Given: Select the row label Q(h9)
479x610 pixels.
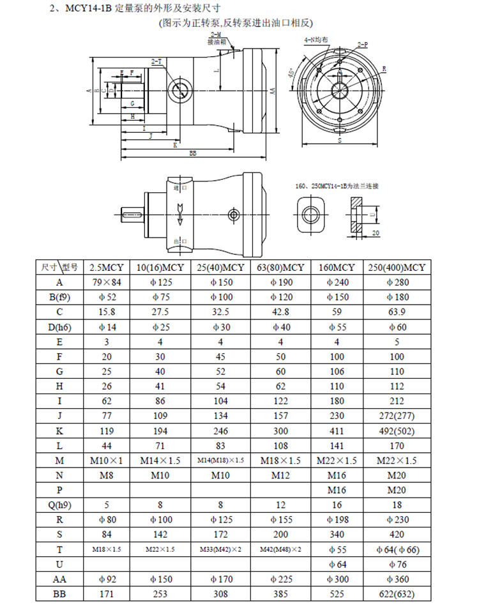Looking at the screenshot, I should (59, 505).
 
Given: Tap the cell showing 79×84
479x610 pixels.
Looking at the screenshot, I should (106, 282).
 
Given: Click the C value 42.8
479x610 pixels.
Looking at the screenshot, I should (280, 312).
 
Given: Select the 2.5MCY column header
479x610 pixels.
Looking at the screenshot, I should (106, 267).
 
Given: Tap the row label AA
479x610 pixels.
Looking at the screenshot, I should (59, 579).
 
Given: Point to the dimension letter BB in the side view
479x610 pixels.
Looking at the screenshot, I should (192, 153).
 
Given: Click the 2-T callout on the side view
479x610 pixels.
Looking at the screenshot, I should (156, 61).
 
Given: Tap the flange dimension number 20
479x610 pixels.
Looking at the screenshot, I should (376, 234).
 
